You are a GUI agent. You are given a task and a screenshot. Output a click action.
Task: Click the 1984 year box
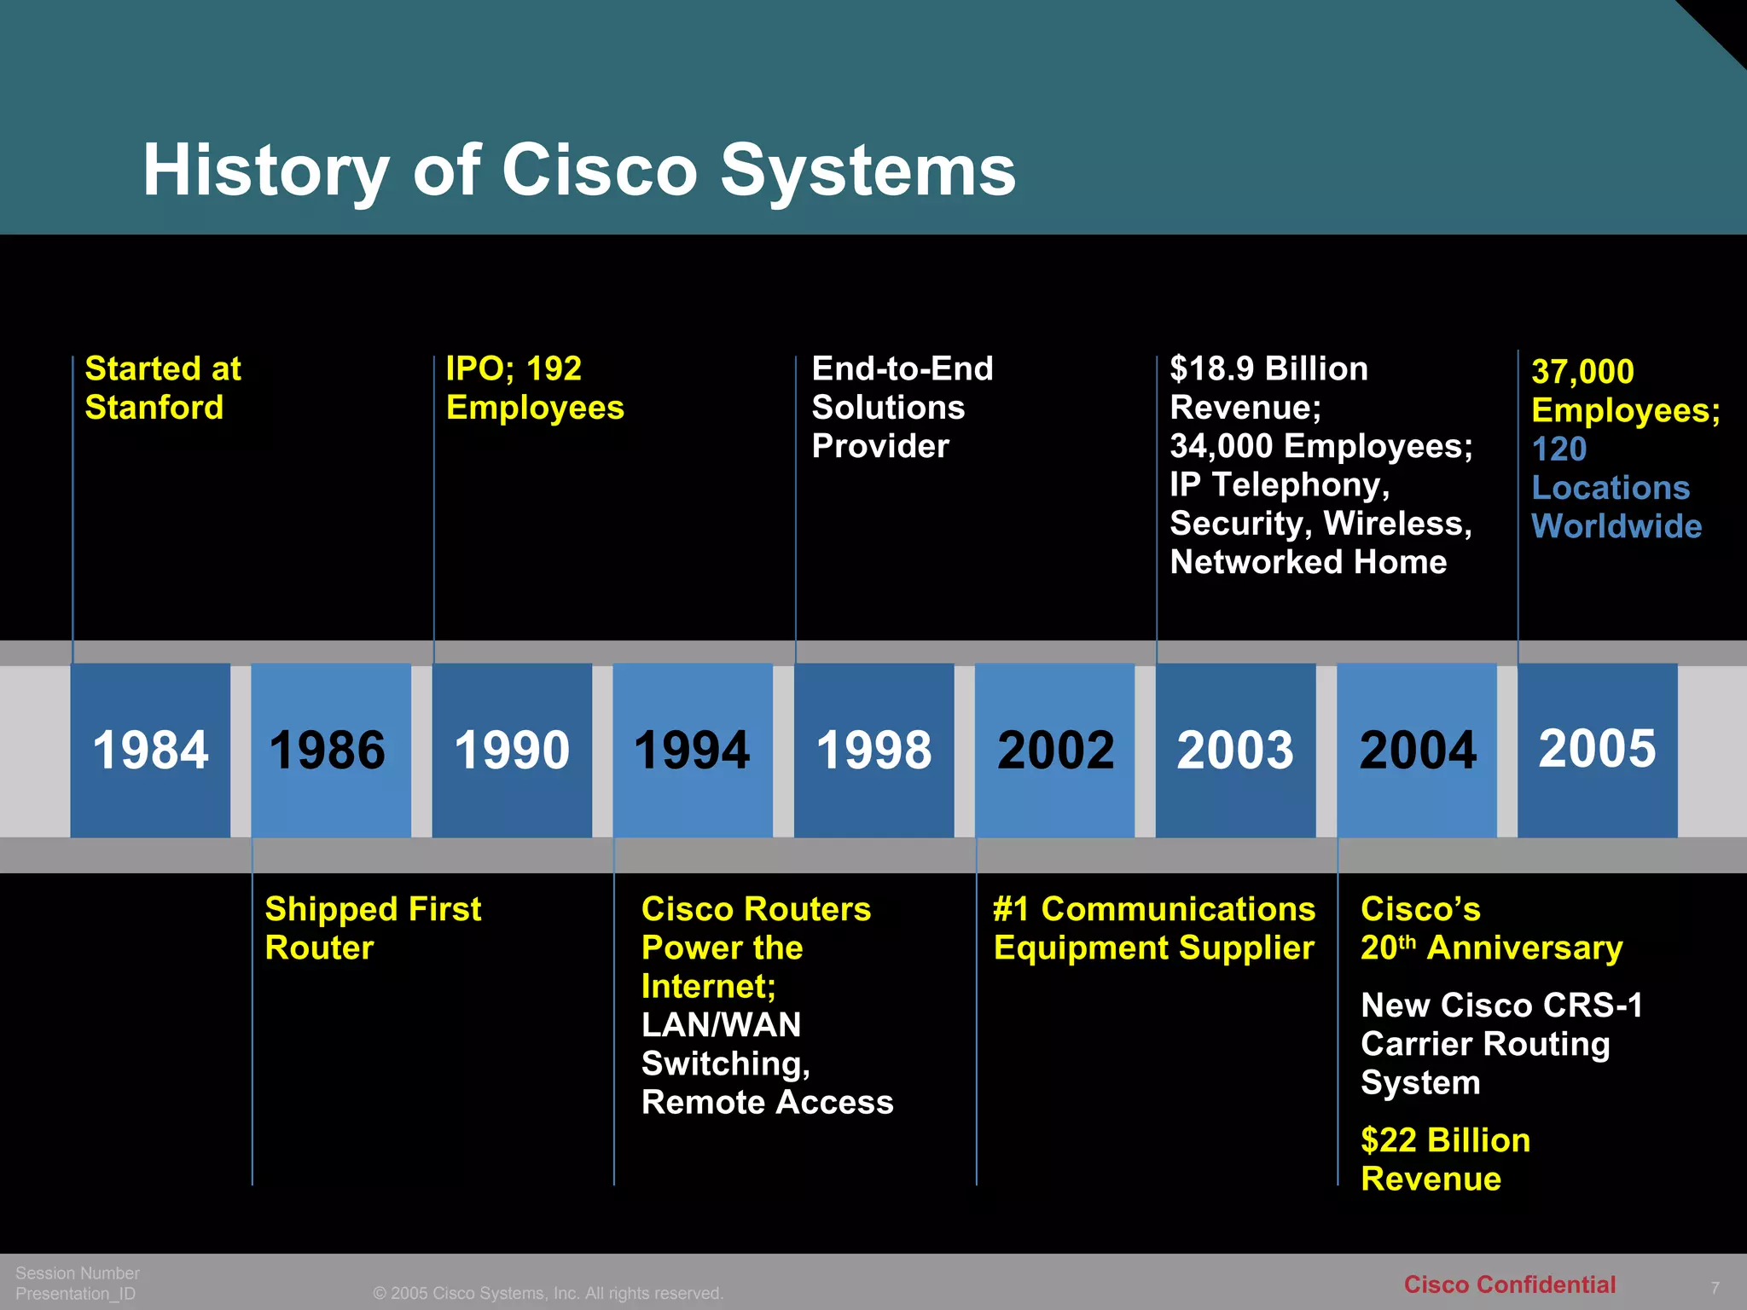150,750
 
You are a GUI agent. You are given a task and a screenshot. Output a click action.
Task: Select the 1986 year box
331,750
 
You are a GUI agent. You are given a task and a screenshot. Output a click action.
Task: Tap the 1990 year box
512,750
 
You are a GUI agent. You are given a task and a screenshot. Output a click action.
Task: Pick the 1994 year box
693,750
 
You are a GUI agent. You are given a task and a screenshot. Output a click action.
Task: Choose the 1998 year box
873,750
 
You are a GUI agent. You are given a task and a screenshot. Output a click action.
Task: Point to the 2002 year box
1055,750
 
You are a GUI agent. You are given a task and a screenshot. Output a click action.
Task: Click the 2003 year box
1235,750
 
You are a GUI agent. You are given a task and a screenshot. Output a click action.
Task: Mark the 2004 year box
1417,750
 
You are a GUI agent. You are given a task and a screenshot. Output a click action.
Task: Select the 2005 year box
1598,750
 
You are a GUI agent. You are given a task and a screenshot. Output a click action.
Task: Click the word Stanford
154,408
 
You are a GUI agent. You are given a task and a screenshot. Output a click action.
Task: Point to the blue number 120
1558,449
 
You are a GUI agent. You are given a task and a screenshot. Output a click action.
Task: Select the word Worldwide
1616,526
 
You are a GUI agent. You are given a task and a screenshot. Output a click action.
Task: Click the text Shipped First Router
373,928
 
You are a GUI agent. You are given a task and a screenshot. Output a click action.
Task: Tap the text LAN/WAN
721,1024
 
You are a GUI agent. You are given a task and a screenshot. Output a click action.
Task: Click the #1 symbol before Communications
1012,909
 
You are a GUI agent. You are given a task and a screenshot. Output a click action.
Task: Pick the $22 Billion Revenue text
1445,1159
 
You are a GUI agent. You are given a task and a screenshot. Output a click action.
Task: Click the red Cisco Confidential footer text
1509,1284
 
